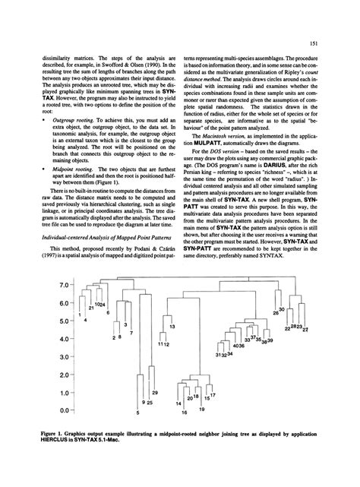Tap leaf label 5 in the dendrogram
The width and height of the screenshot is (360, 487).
pos(137,414)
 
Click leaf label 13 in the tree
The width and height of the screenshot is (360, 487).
pos(172,327)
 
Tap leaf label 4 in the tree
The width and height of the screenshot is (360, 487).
pos(86,321)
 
